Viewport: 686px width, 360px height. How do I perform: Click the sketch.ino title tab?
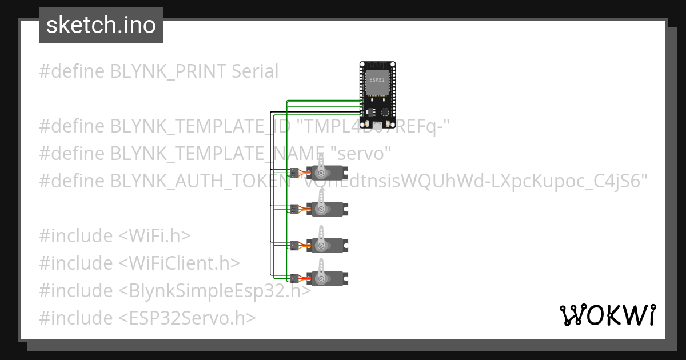point(101,25)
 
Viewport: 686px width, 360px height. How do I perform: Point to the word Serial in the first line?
point(255,71)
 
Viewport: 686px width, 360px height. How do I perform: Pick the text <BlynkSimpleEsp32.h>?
point(215,290)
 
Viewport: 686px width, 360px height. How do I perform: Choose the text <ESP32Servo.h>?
point(188,318)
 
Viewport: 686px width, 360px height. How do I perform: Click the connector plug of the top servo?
point(294,173)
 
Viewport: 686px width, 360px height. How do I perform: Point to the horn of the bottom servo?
point(321,269)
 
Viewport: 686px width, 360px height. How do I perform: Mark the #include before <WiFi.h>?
point(77,235)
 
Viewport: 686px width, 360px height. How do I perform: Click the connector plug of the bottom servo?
point(294,278)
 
